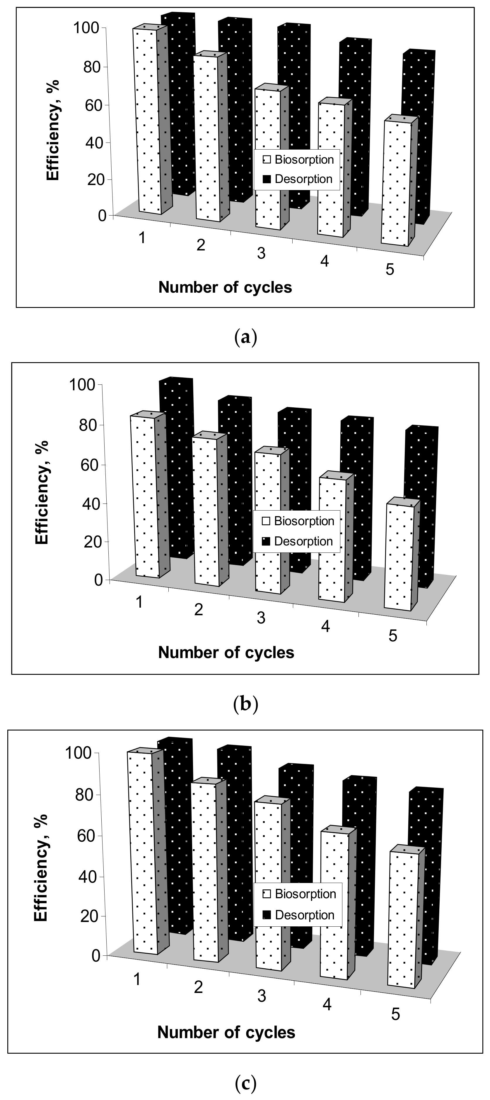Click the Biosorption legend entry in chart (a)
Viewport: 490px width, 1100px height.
click(298, 160)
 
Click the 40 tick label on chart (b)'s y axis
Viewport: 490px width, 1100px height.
click(90, 503)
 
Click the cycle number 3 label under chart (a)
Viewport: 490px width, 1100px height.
click(261, 253)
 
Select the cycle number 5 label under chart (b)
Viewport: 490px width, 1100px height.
click(393, 635)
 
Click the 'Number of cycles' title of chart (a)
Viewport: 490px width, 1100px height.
click(225, 287)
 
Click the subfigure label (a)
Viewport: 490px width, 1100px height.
click(246, 338)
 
